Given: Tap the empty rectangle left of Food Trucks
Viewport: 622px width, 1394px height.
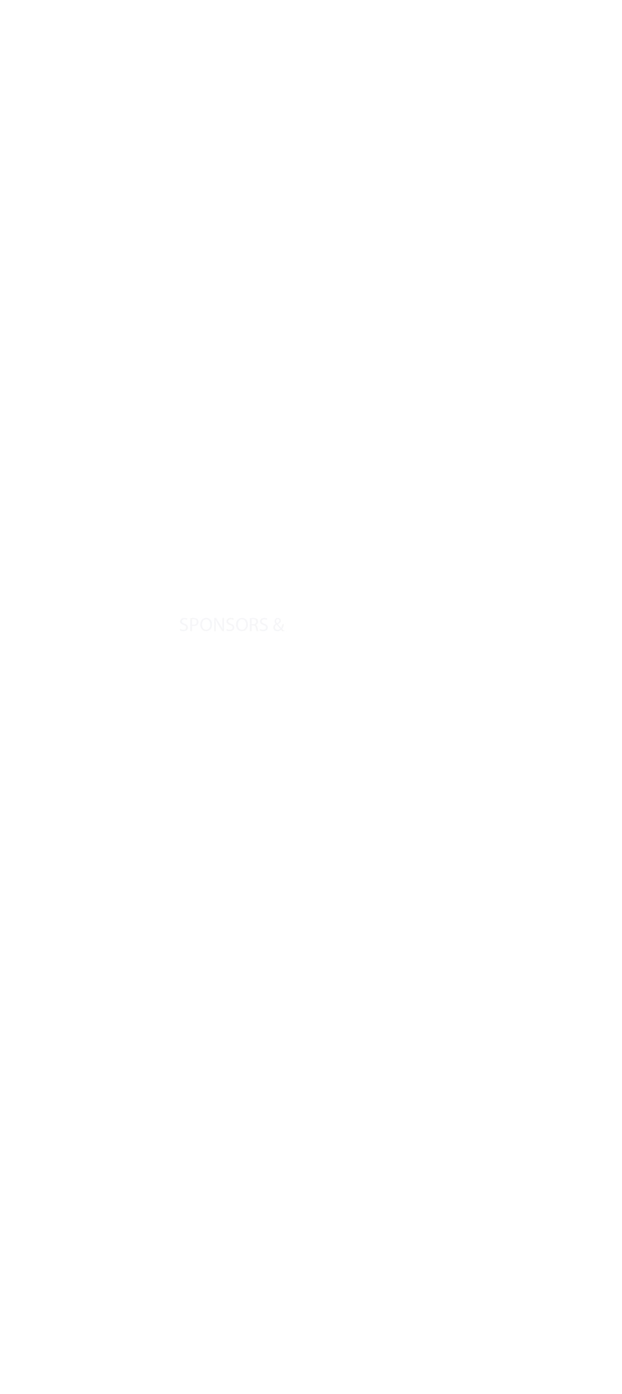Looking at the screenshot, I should [x=154, y=120].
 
